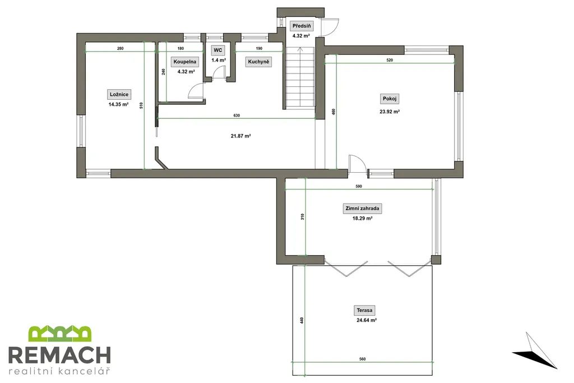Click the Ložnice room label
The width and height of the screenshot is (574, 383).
coord(119,94)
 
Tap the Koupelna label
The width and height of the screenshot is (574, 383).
coord(185,62)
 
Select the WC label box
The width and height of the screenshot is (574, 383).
coord(218,50)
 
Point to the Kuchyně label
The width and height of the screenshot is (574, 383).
coord(258,62)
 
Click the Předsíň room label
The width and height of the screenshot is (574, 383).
coord(302,26)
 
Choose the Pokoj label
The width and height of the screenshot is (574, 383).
coord(390,99)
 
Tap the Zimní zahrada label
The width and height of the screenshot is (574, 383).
coord(363,209)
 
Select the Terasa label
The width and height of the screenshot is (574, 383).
coord(364,310)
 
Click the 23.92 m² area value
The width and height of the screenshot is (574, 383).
coord(390,112)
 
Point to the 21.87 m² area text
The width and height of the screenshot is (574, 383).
coord(240,136)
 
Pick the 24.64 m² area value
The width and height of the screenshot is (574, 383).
coord(367,320)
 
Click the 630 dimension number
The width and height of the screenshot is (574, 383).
coord(237,116)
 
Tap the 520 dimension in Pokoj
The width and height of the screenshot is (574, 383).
coord(390,60)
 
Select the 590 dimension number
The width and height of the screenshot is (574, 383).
coord(359,186)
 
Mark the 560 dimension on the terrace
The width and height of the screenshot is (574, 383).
coord(363,359)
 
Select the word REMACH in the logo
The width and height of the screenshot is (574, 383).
coord(59,355)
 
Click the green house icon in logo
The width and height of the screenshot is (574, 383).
coord(59,334)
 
